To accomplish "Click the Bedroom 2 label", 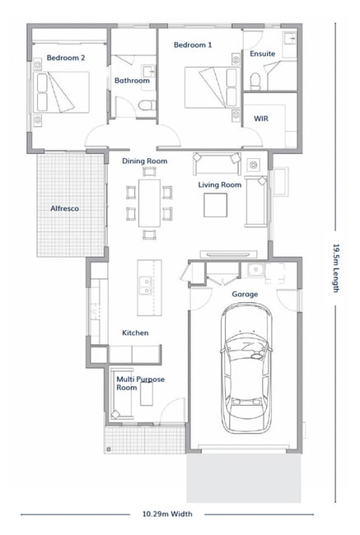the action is (x=66, y=58).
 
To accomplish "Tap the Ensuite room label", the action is (x=262, y=53).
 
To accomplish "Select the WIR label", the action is (x=261, y=119).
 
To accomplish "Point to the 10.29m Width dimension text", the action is (x=167, y=514).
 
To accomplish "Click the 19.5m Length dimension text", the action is (x=336, y=267).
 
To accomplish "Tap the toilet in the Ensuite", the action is (x=255, y=81).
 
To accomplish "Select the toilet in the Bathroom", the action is (x=147, y=105).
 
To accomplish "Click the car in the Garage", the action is (x=246, y=368).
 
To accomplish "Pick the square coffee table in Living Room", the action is (x=216, y=205).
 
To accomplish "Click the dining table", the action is (x=150, y=203).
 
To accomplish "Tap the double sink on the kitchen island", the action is (x=146, y=286).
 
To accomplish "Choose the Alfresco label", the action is (x=64, y=208).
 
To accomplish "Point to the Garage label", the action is (x=245, y=294).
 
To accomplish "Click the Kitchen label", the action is (x=135, y=333).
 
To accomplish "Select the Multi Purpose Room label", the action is (x=140, y=384).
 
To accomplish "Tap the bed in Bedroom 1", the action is (x=213, y=87).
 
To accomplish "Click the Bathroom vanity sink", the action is (x=148, y=72).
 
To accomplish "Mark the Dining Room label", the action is (x=145, y=160).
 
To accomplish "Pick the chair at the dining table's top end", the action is (x=149, y=171).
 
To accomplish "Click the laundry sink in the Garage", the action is (x=255, y=269).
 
